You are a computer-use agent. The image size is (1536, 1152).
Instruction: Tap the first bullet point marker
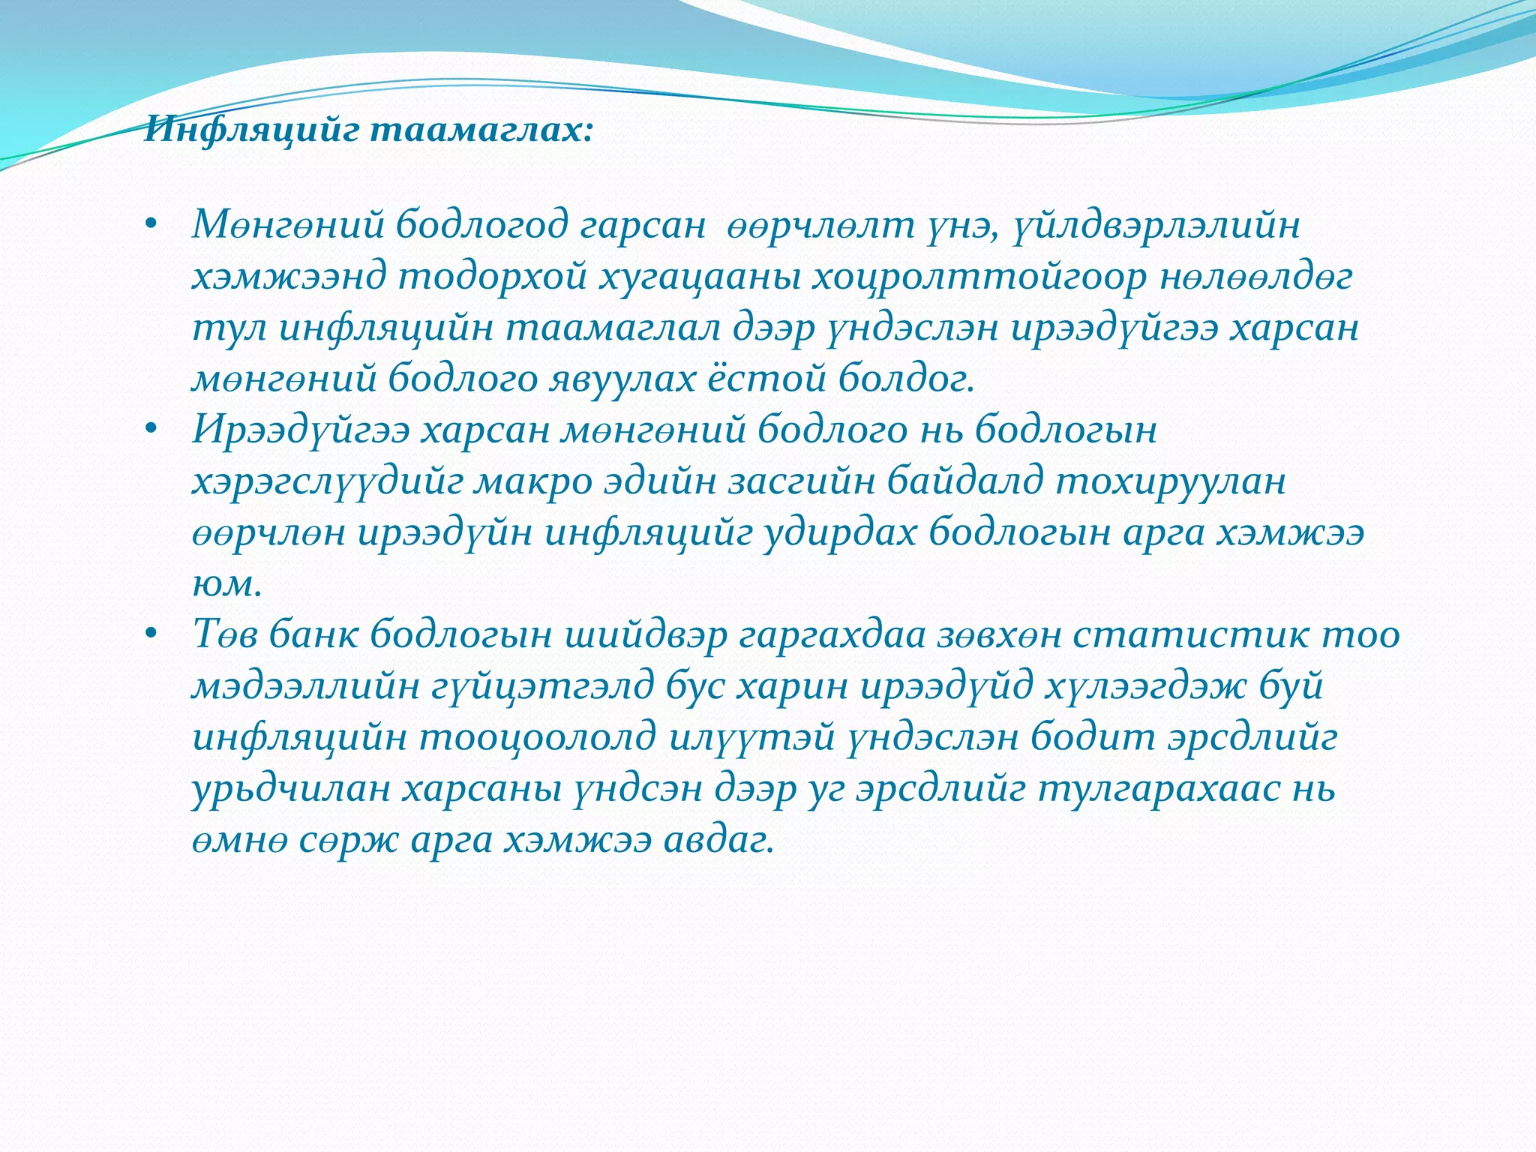[151, 225]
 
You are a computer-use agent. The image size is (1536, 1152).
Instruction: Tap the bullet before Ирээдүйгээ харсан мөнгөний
[151, 430]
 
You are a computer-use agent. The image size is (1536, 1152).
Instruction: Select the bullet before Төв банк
[151, 635]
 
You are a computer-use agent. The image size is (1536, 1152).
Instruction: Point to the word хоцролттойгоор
[979, 277]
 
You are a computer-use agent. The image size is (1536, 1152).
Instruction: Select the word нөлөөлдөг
[1256, 277]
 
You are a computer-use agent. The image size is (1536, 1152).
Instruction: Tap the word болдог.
[907, 379]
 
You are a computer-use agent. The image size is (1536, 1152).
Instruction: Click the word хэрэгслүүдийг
[328, 482]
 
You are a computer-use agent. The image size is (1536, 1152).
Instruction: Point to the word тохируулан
[1171, 482]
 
